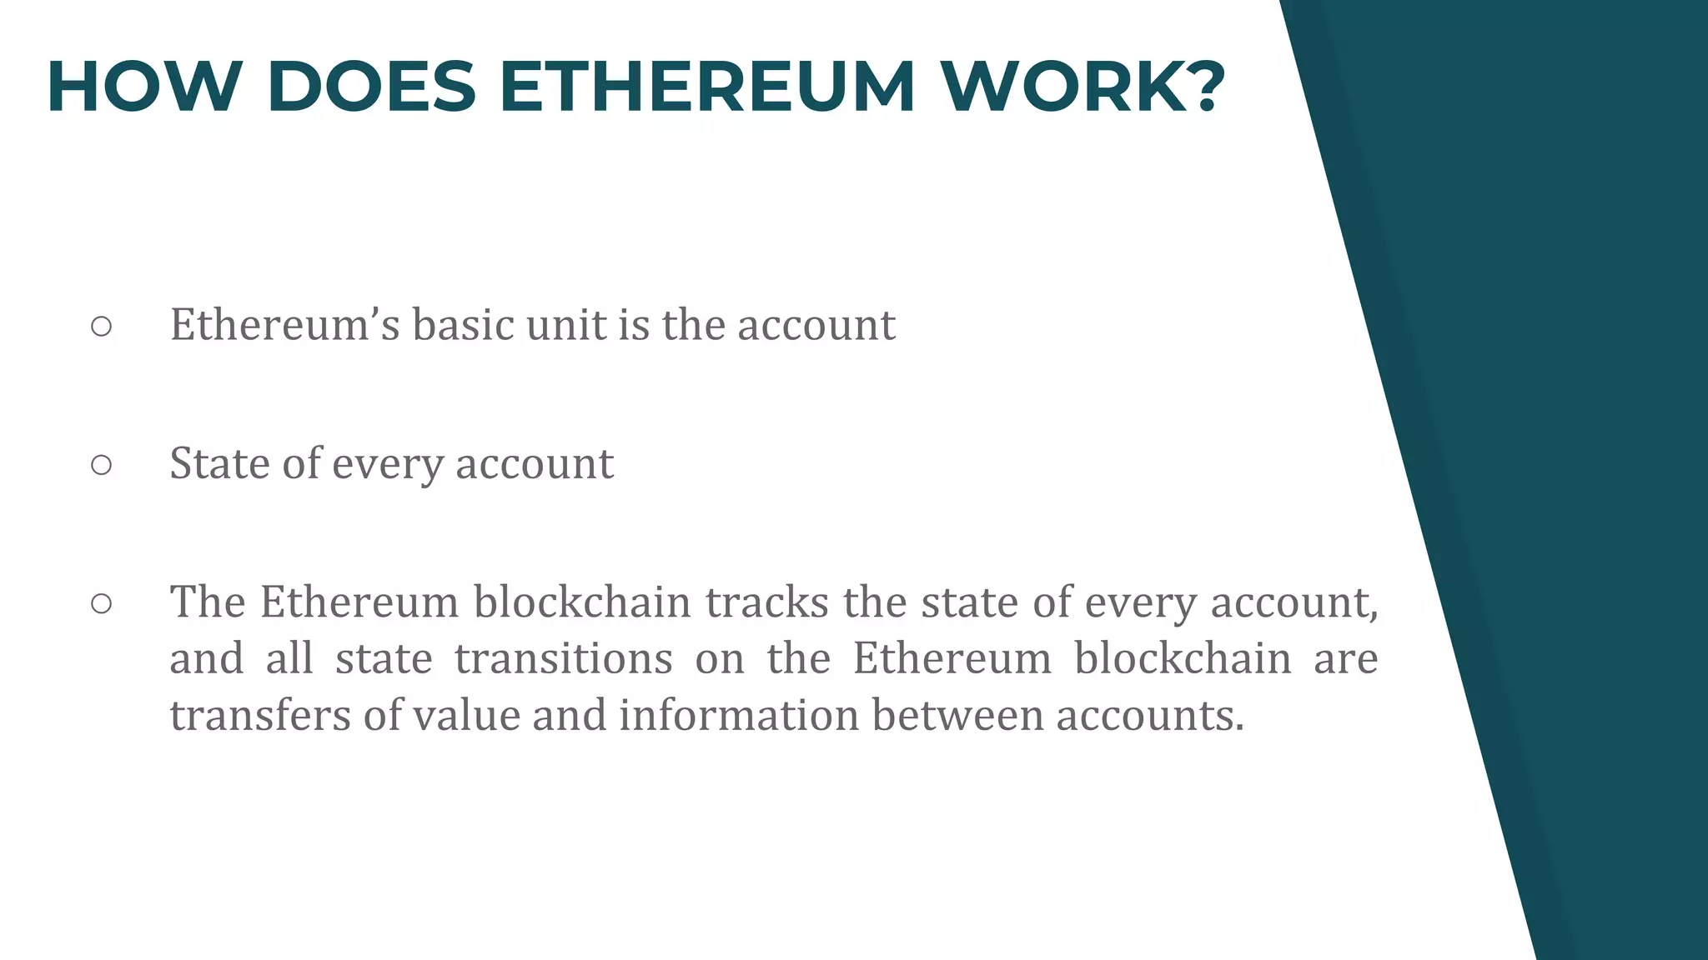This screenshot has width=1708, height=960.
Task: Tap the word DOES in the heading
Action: (x=371, y=87)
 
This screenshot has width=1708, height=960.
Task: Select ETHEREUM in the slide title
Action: (x=707, y=87)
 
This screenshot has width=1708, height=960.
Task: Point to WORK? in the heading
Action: (x=1083, y=87)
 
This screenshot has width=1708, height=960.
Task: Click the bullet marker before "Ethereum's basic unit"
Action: (x=101, y=327)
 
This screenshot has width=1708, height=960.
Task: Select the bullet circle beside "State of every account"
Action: (x=101, y=465)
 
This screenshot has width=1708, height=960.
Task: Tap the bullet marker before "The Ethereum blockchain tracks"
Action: (x=101, y=603)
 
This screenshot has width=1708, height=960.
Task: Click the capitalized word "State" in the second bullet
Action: (x=219, y=463)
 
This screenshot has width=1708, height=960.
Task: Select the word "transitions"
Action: (x=563, y=658)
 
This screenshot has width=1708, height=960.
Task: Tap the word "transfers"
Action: (x=259, y=715)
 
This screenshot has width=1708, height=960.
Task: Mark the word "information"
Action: (x=738, y=715)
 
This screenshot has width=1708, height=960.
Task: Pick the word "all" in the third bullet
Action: (x=289, y=658)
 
